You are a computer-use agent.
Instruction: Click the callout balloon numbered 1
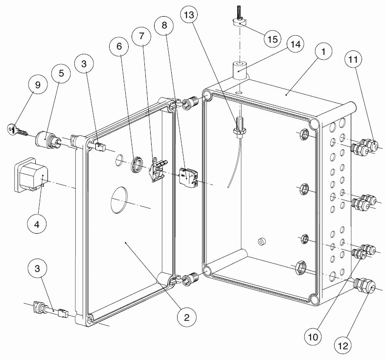[323, 50]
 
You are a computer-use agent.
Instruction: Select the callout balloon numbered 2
[186, 317]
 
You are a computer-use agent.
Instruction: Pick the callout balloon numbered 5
[61, 74]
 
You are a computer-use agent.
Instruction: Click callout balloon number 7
[142, 36]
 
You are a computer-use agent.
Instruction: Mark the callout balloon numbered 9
[38, 85]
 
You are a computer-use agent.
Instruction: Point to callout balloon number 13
[189, 15]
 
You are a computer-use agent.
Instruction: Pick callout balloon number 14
[294, 44]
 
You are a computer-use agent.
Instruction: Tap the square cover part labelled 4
[30, 173]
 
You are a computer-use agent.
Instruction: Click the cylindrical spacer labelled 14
[239, 70]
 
